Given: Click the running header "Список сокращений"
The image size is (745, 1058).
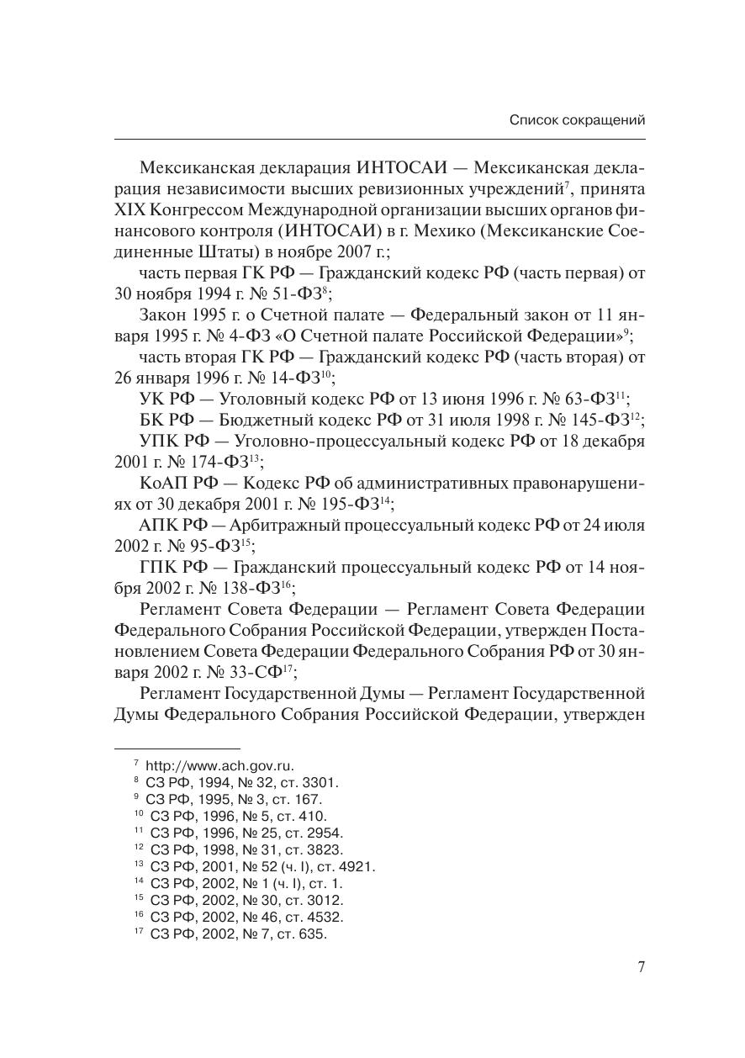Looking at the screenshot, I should [577, 120].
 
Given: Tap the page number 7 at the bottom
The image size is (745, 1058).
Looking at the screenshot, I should [641, 967].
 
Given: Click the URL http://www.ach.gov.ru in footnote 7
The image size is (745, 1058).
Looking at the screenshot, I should [219, 765].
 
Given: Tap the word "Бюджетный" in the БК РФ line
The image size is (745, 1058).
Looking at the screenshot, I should [240, 420].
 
